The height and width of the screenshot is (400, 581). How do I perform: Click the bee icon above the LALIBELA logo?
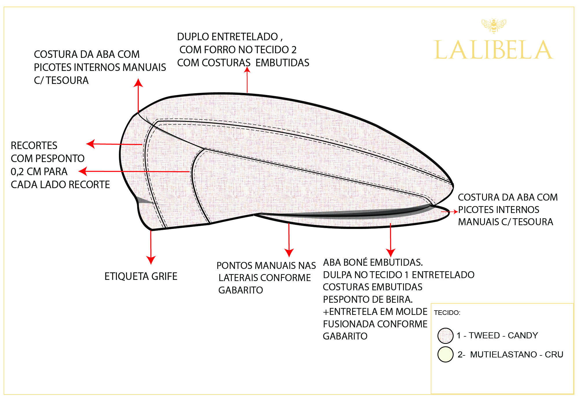(x=494, y=25)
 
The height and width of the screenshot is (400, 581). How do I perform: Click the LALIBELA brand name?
(x=493, y=50)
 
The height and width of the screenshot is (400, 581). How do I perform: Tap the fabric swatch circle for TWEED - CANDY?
(x=445, y=335)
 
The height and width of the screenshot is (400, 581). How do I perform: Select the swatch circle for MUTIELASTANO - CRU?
(x=445, y=354)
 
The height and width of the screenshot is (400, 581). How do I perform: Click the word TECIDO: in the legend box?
(x=447, y=313)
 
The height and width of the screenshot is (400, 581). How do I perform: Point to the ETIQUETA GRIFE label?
(x=141, y=276)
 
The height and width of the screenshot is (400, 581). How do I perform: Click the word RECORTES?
(x=34, y=145)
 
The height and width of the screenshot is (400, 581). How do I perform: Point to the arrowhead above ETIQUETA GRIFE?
(x=151, y=260)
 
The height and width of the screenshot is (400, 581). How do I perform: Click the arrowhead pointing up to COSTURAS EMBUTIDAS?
(x=247, y=70)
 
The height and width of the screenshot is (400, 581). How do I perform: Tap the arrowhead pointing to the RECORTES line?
(x=91, y=144)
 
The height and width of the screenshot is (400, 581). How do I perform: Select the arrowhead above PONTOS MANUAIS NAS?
(x=289, y=252)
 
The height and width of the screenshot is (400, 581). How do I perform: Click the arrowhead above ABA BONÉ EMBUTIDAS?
(x=391, y=252)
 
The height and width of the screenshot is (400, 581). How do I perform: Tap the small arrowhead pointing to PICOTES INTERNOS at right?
(x=455, y=212)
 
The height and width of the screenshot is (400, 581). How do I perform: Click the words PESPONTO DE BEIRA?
(x=368, y=299)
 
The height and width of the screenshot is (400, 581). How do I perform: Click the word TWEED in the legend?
(x=484, y=335)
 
